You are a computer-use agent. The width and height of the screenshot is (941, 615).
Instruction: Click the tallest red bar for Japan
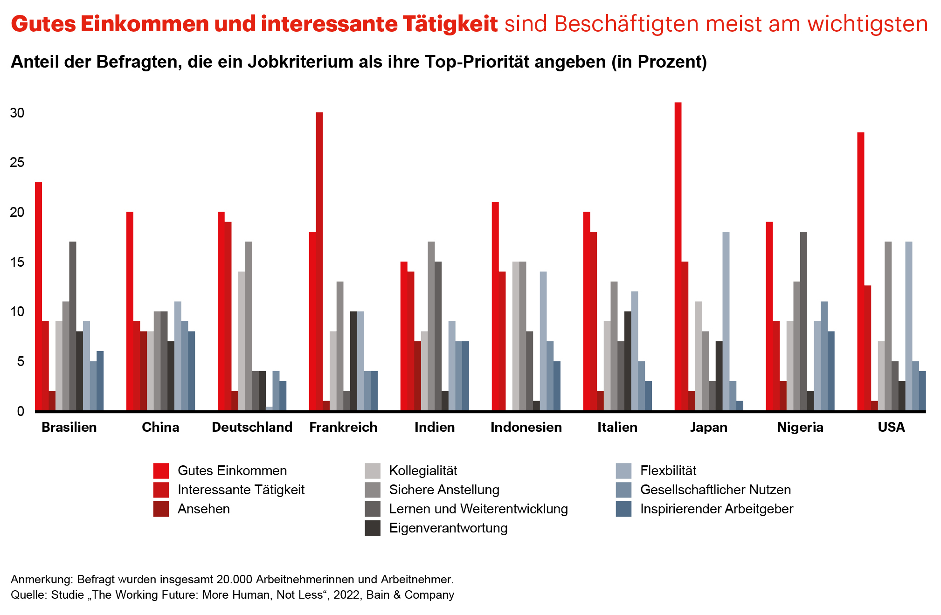click(678, 256)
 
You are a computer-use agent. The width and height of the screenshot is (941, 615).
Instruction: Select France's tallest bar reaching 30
click(319, 261)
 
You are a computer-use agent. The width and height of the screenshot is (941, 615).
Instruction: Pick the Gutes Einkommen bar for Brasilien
click(38, 296)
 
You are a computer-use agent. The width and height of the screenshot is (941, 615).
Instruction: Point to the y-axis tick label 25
click(17, 162)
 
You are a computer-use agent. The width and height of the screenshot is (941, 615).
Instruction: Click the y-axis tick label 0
click(21, 411)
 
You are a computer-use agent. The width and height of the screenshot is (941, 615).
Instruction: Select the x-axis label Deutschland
click(252, 427)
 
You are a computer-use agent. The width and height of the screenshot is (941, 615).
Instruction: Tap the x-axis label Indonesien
click(526, 427)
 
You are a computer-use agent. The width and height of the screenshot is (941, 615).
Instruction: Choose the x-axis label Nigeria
click(800, 427)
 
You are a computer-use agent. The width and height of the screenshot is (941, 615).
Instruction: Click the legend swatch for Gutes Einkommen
click(161, 470)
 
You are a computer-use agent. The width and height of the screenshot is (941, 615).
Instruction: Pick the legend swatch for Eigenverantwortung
click(373, 528)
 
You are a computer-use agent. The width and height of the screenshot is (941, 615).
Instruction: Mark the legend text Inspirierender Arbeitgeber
click(716, 509)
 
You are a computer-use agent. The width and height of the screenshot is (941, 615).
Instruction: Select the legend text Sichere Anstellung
click(444, 490)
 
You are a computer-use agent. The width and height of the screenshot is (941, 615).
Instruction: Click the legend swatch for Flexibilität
click(623, 470)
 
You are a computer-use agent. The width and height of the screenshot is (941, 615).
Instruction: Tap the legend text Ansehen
click(204, 509)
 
